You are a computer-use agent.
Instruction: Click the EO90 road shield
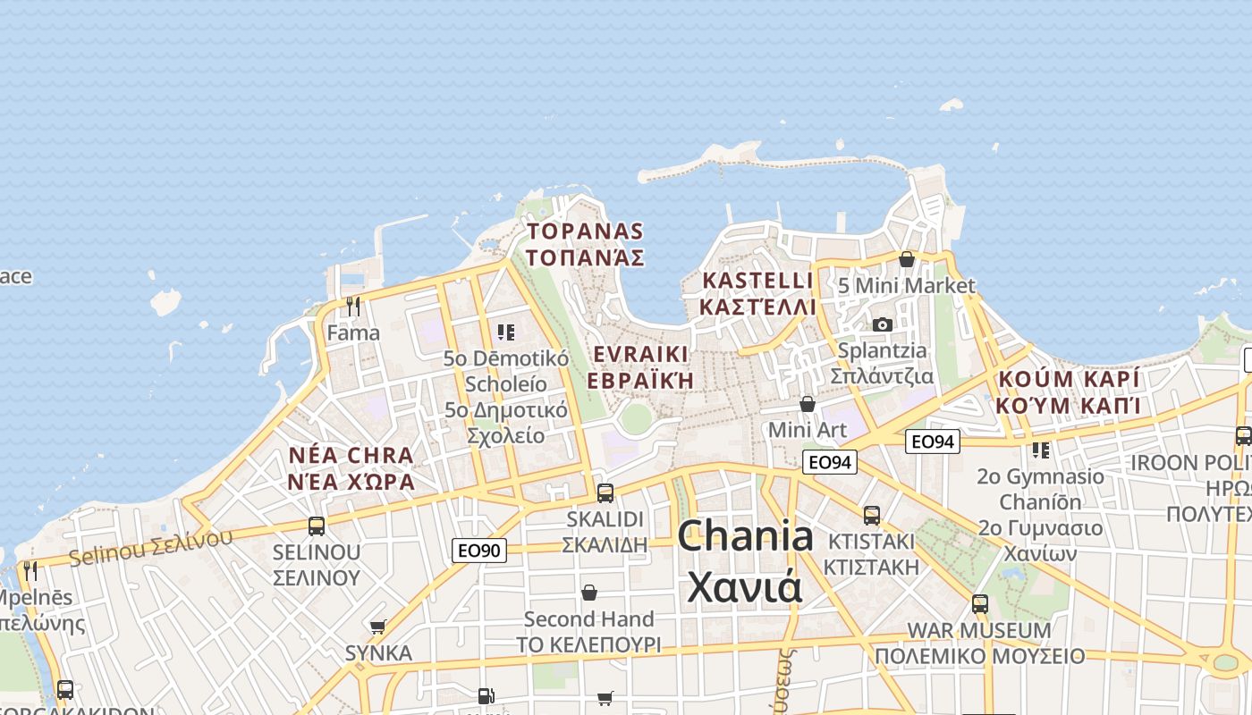click(x=478, y=550)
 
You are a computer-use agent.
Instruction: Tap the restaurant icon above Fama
click(x=353, y=307)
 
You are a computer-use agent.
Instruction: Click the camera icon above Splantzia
click(x=883, y=324)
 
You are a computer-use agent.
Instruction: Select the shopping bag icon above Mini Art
click(x=808, y=404)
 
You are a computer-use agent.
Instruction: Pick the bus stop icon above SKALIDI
click(x=605, y=492)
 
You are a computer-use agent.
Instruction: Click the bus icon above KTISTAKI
click(x=872, y=515)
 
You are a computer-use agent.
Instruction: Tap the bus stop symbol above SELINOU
click(x=316, y=526)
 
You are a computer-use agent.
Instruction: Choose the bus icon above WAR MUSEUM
click(x=980, y=603)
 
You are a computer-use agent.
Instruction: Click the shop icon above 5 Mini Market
click(x=907, y=259)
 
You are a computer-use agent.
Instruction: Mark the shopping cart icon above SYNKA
click(x=378, y=627)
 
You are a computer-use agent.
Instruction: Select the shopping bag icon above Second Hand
click(x=589, y=593)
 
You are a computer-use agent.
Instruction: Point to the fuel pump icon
click(x=485, y=695)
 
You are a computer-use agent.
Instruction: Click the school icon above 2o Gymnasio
click(x=1040, y=450)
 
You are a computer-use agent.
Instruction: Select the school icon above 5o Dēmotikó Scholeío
click(x=506, y=332)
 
